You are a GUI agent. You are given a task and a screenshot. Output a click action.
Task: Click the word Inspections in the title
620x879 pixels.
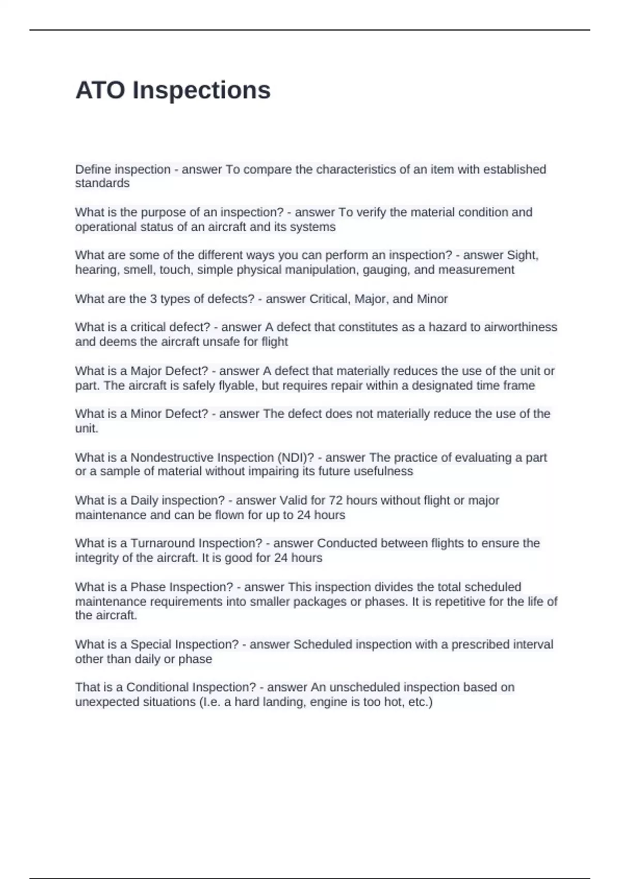click(202, 90)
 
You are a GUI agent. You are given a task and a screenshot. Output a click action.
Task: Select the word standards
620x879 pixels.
click(102, 184)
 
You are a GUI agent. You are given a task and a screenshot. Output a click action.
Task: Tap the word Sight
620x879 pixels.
click(523, 255)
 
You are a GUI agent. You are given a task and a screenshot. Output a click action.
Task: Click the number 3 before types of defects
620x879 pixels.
click(153, 299)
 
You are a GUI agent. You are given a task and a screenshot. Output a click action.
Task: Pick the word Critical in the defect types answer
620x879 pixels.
click(329, 299)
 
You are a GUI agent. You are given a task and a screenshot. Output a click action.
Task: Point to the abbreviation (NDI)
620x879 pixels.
click(296, 458)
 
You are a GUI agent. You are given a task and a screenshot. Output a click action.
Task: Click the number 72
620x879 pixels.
click(335, 501)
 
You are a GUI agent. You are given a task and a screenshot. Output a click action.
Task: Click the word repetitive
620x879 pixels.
click(461, 602)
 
